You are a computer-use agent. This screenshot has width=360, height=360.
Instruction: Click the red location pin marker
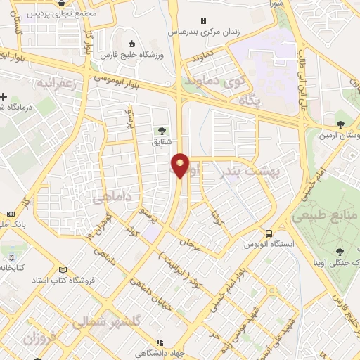pyautogui.click(x=181, y=165)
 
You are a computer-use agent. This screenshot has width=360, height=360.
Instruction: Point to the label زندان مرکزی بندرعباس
pyautogui.click(x=204, y=32)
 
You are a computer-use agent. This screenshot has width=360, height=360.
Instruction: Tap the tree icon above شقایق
pyautogui.click(x=163, y=131)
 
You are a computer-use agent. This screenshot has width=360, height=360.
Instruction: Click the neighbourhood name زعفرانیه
pyautogui.click(x=63, y=80)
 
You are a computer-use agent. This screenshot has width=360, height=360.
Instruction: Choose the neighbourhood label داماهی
pyautogui.click(x=113, y=198)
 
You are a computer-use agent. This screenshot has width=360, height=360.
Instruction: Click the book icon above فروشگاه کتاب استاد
pyautogui.click(x=64, y=269)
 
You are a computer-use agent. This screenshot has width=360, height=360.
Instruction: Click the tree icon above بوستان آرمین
pyautogui.click(x=340, y=124)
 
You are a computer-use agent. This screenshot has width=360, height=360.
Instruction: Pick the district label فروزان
pyautogui.click(x=38, y=338)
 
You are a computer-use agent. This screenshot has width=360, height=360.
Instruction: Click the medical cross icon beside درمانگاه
pyautogui.click(x=5, y=96)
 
